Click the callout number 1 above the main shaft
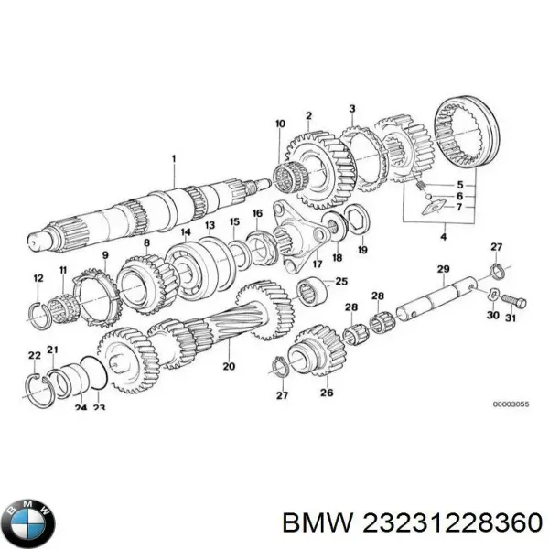pyautogui.click(x=171, y=158)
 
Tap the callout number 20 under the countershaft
pyautogui.click(x=228, y=367)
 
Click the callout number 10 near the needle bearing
pyautogui.click(x=280, y=122)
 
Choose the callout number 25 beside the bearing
pyautogui.click(x=341, y=281)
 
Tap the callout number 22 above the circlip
pyautogui.click(x=33, y=355)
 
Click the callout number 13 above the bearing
pyautogui.click(x=210, y=225)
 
